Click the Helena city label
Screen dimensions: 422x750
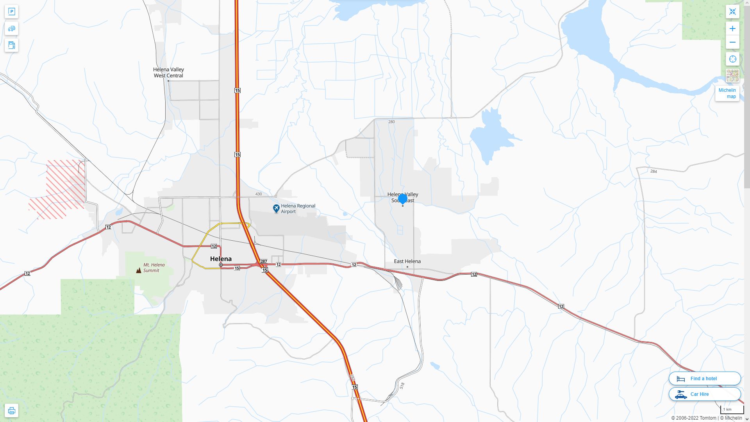point(221,259)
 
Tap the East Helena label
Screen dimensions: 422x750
point(407,261)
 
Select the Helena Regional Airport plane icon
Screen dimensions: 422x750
point(276,209)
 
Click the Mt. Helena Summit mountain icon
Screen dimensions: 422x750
point(139,270)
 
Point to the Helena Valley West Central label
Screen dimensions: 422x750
point(168,72)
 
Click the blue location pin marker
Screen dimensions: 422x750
point(402,199)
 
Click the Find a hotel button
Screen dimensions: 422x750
point(704,379)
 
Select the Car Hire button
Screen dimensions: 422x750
point(704,394)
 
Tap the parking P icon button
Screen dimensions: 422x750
point(11,12)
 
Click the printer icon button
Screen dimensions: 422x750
point(11,411)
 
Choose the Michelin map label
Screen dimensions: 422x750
point(727,93)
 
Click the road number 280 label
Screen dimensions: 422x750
point(391,122)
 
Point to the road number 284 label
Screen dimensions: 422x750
point(654,172)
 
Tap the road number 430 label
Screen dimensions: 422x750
point(258,194)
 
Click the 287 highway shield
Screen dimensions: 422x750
point(264,261)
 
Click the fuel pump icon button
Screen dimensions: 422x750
point(11,45)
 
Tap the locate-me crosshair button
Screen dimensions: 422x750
point(732,59)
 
